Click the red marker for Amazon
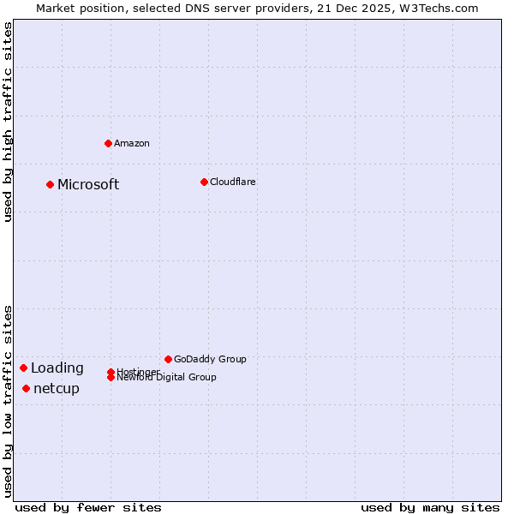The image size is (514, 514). [108, 143]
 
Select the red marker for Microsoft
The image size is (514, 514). [50, 184]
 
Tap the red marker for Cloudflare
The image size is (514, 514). [204, 182]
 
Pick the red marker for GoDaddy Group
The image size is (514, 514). [168, 359]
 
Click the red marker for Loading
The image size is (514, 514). [23, 368]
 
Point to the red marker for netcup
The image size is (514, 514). [26, 388]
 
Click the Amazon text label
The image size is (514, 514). [131, 143]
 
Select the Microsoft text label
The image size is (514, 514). [88, 184]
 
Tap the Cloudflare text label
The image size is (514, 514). [232, 182]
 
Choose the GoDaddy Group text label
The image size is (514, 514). [210, 359]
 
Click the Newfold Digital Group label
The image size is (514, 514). [166, 378]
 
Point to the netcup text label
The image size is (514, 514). [57, 389]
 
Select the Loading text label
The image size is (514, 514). [57, 368]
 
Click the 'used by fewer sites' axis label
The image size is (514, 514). [88, 507]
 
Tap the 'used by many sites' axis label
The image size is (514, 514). [430, 507]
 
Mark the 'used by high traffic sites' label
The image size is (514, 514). [8, 122]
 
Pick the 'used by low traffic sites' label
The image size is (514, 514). [8, 400]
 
